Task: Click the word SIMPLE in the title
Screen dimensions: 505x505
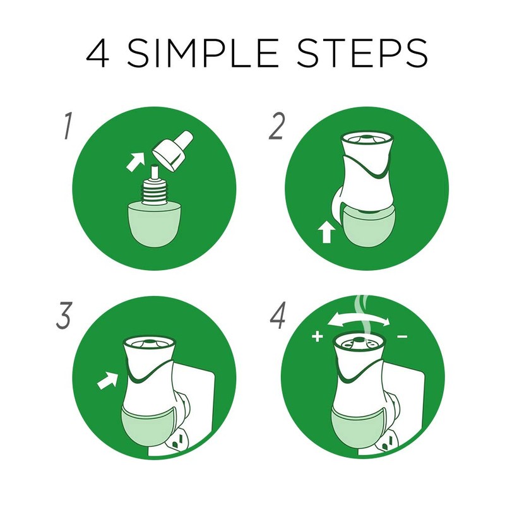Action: [203, 53]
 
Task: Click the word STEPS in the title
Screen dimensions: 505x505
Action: [362, 53]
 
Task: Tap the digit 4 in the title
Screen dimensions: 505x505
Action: [98, 53]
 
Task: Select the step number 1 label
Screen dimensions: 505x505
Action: [68, 126]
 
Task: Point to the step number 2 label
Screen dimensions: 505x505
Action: [277, 126]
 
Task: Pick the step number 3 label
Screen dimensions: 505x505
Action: [64, 316]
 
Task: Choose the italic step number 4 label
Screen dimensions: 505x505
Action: [278, 316]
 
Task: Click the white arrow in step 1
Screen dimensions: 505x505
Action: [135, 162]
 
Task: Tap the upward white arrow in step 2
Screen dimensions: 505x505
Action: [326, 232]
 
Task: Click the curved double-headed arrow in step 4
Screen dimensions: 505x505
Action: [358, 319]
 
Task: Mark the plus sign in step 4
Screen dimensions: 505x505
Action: [318, 337]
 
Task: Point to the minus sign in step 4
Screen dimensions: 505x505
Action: [402, 337]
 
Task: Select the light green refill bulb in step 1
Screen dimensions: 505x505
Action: [155, 225]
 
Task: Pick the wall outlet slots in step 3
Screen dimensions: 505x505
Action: [178, 441]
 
